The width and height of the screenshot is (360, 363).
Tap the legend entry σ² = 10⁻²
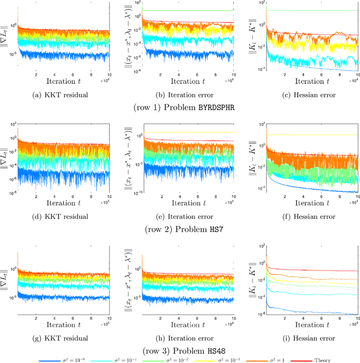pyautogui.click(x=181, y=358)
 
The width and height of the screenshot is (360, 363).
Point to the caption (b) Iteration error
pyautogui.click(x=183, y=95)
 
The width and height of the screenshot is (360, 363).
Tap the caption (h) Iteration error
pyautogui.click(x=183, y=338)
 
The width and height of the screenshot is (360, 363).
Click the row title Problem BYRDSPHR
pyautogui.click(x=180, y=105)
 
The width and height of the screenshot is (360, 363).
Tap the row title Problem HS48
pyautogui.click(x=180, y=349)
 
